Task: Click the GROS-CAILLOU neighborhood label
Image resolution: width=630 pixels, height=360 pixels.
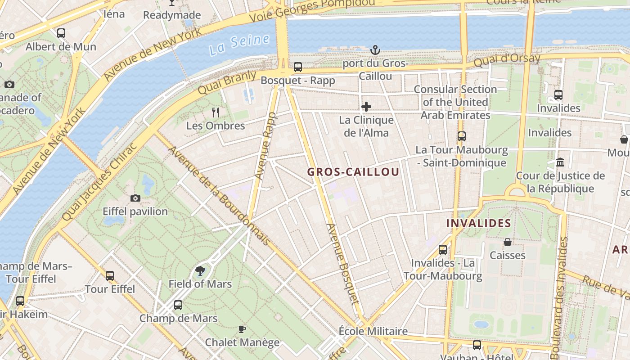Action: [x=353, y=172]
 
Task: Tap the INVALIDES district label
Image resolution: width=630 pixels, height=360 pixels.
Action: [x=478, y=223]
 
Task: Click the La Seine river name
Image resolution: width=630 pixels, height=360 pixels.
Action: [x=239, y=44]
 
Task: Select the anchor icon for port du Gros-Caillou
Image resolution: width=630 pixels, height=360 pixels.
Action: [x=375, y=50]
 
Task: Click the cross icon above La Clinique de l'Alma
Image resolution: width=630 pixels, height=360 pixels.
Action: [x=366, y=107]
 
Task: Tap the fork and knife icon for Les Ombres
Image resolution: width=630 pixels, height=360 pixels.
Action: [x=216, y=112]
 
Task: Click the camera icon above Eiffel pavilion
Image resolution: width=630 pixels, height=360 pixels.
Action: [x=135, y=198]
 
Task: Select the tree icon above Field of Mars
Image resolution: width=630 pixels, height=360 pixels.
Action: [x=200, y=270]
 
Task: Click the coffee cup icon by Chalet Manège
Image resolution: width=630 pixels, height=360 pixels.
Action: [x=242, y=329]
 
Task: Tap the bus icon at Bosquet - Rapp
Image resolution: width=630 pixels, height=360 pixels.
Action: [x=298, y=67]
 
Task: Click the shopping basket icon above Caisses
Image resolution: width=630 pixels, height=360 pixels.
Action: [x=508, y=242]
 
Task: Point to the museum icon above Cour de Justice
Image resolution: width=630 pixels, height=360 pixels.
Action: [x=560, y=162]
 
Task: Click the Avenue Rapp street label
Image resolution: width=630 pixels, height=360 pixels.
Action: [x=266, y=146]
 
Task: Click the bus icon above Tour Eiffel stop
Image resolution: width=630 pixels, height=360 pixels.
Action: [x=110, y=275]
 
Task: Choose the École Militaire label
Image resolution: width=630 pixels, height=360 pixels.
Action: [x=373, y=332]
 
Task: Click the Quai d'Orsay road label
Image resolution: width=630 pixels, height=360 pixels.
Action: [x=507, y=60]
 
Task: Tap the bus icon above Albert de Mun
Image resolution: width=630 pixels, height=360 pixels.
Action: [x=61, y=33]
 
